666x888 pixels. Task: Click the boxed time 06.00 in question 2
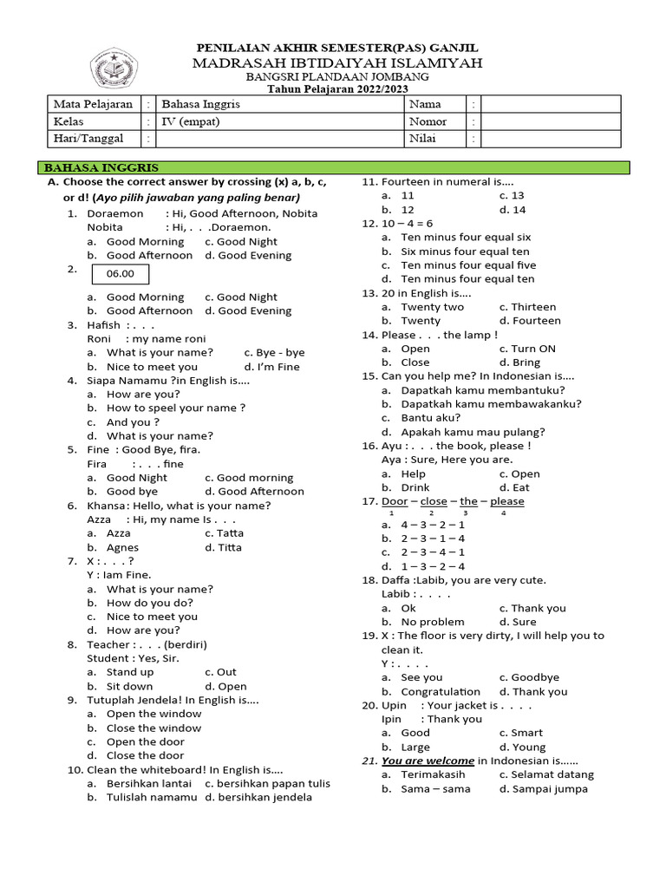tap(121, 274)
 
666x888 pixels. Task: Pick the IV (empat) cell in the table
tap(191, 121)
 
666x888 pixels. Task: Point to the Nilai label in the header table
tap(424, 139)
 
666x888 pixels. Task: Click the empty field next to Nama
tap(551, 104)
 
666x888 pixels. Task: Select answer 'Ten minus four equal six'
tap(466, 237)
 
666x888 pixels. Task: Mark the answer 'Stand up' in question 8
tap(130, 672)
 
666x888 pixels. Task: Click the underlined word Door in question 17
tap(395, 501)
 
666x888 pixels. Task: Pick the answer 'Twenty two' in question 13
tap(432, 307)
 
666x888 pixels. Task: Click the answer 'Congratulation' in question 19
tap(441, 691)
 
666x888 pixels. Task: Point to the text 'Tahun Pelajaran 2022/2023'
tap(337, 88)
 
